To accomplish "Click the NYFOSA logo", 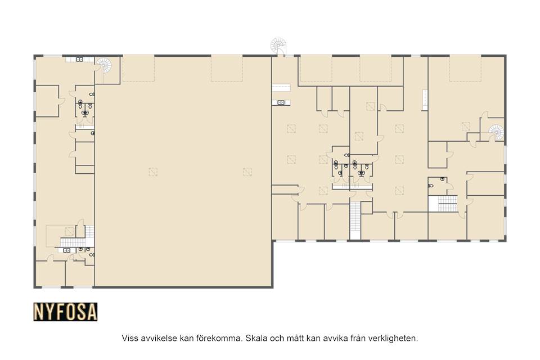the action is [x=65, y=312].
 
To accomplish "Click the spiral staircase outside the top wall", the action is [x=278, y=46].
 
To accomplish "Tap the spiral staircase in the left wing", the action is [x=103, y=65].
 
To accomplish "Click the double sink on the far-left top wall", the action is [x=79, y=59].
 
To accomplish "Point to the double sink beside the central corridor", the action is [x=281, y=102].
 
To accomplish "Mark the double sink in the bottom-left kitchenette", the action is [x=67, y=250].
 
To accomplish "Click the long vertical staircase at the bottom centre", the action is [x=355, y=220].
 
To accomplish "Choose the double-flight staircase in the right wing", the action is [x=447, y=203].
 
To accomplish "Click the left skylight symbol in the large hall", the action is [x=153, y=172].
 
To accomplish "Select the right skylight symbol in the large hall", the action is [x=247, y=172].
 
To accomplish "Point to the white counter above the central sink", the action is [x=281, y=88].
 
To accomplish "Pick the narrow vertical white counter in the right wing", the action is [x=425, y=100].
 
